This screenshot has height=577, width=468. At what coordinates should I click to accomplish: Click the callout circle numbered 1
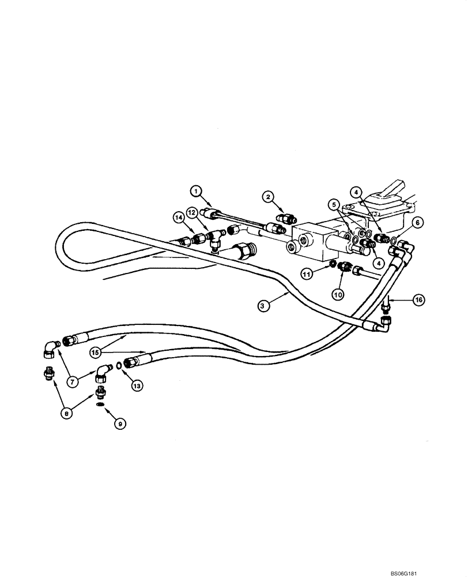pos(196,190)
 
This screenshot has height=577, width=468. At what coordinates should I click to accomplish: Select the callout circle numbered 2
pos(269,197)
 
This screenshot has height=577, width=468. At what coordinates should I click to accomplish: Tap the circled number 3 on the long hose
pos(262,306)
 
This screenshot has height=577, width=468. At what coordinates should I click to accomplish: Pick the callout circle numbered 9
pos(120,423)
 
